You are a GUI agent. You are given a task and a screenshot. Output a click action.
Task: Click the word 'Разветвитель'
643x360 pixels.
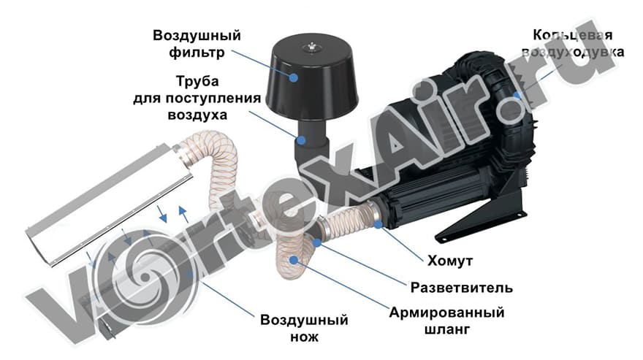(x=461, y=286)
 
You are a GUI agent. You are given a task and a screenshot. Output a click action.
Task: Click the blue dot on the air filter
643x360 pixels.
(x=293, y=75)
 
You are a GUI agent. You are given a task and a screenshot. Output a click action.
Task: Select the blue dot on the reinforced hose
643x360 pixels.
(x=294, y=258)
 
